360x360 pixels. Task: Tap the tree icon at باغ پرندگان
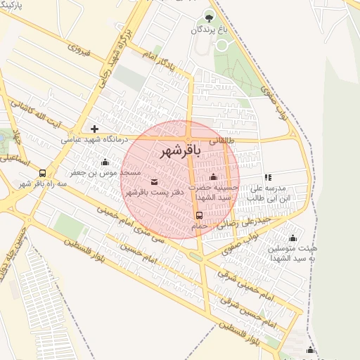point(207,16)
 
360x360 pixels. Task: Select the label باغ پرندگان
point(207,30)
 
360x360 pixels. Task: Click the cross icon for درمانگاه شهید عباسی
point(94,129)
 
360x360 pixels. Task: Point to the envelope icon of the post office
point(154,182)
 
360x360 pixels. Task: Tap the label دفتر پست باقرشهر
point(154,192)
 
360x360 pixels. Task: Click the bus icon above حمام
point(199,215)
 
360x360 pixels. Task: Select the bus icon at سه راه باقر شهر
point(43,173)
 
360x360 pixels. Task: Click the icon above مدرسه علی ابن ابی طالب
point(267,178)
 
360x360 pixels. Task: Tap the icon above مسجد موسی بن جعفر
point(105,162)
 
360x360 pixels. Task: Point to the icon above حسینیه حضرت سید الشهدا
point(213,177)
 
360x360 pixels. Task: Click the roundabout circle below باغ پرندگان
point(223,45)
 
